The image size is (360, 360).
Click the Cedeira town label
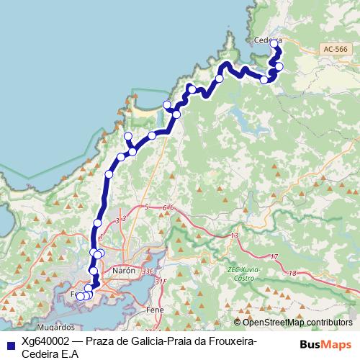(268, 40)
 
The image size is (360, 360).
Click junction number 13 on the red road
(235, 235)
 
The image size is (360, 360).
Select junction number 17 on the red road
(273, 257)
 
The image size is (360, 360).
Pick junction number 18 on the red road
(292, 273)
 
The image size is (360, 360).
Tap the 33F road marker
(148, 271)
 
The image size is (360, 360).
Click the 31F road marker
(160, 282)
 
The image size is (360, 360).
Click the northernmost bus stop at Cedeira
(274, 44)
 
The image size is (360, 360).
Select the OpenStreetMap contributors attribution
(297, 323)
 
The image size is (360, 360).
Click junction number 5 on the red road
(146, 207)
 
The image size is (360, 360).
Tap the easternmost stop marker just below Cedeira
(279, 67)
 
